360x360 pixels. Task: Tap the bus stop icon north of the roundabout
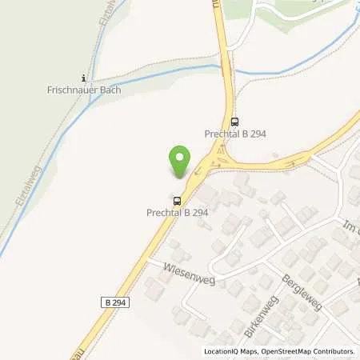point(234,122)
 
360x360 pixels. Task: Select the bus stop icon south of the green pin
point(176,201)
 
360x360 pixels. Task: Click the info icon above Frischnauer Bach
point(83,78)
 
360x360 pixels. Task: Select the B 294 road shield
point(116,302)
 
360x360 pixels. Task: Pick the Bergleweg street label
point(302,293)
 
